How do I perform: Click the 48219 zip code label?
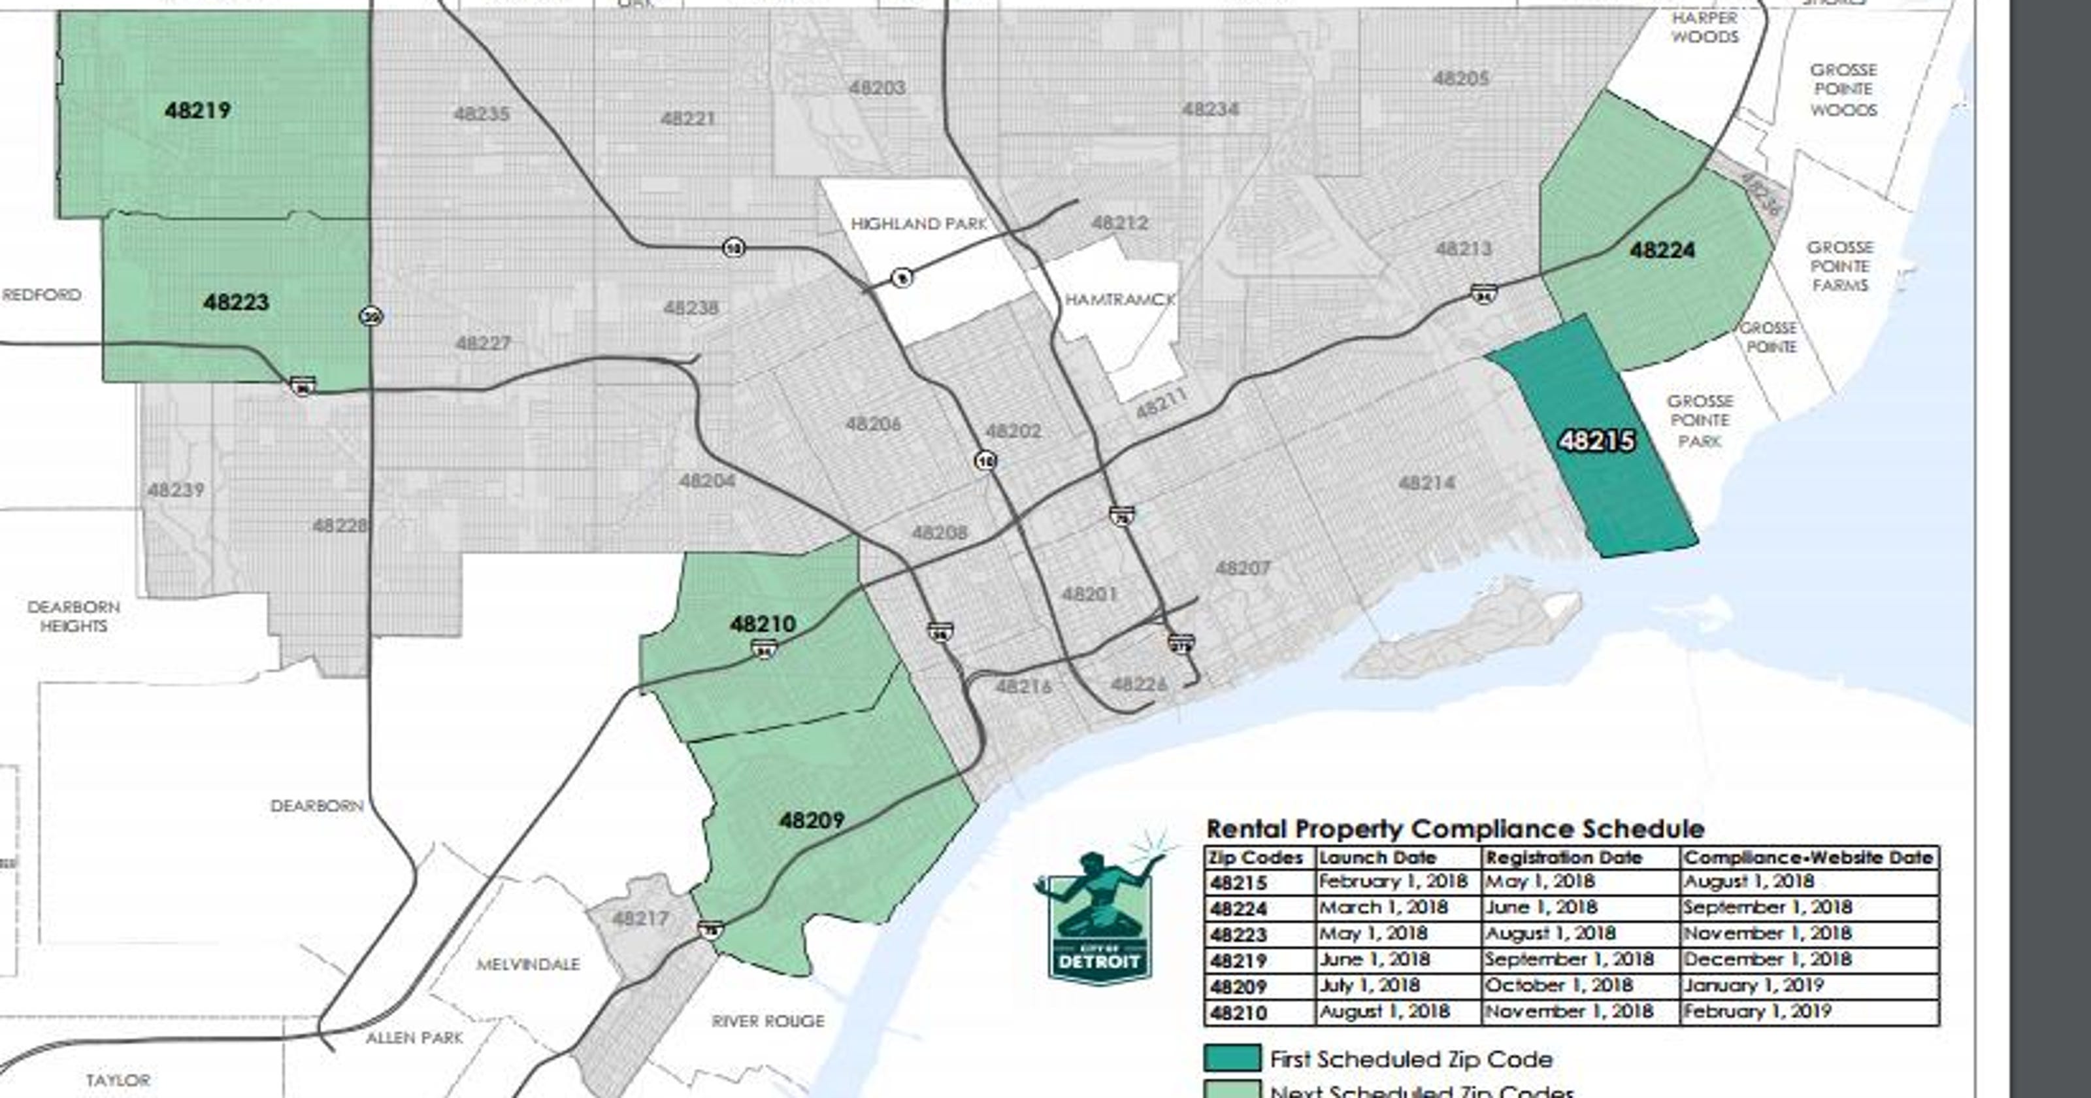coord(197,110)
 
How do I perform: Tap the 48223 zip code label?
coord(235,302)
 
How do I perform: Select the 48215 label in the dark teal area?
coord(1596,441)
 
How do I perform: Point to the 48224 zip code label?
coord(1662,250)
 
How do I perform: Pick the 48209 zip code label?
coord(811,820)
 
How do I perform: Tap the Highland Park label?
coord(918,224)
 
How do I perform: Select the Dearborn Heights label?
coord(73,616)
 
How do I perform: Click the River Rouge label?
coord(767,1021)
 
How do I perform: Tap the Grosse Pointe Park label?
coord(1700,421)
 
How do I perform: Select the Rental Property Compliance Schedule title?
coord(1455,829)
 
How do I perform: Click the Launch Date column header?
coord(1377,857)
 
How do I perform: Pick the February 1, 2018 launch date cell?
coord(1392,882)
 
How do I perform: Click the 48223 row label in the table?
coord(1238,935)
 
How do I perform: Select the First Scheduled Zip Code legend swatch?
coord(1231,1059)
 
